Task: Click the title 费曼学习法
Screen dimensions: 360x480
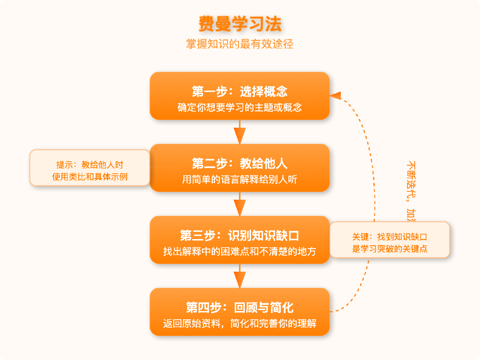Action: (x=240, y=24)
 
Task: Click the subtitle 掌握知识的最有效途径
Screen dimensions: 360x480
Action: (x=240, y=44)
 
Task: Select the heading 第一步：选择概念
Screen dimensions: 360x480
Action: (x=240, y=91)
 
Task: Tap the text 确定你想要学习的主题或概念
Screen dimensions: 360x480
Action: (x=240, y=108)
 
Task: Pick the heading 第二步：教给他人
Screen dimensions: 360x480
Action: (x=240, y=163)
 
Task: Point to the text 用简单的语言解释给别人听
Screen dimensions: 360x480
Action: (x=240, y=180)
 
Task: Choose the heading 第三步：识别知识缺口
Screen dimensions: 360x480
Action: (x=240, y=235)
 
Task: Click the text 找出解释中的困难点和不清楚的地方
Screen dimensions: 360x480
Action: (x=240, y=252)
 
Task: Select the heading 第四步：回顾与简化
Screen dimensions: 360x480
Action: (x=240, y=307)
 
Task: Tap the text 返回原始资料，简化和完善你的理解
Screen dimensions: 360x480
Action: (x=240, y=324)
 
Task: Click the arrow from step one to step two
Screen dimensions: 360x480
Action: (x=240, y=132)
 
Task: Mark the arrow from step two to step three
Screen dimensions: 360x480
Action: (x=240, y=204)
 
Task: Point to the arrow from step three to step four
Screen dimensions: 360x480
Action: (x=240, y=276)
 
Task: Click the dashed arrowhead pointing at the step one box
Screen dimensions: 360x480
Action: (x=336, y=95)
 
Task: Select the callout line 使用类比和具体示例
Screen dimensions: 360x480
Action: (x=90, y=177)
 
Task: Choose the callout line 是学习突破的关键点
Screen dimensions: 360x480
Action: (x=390, y=249)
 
